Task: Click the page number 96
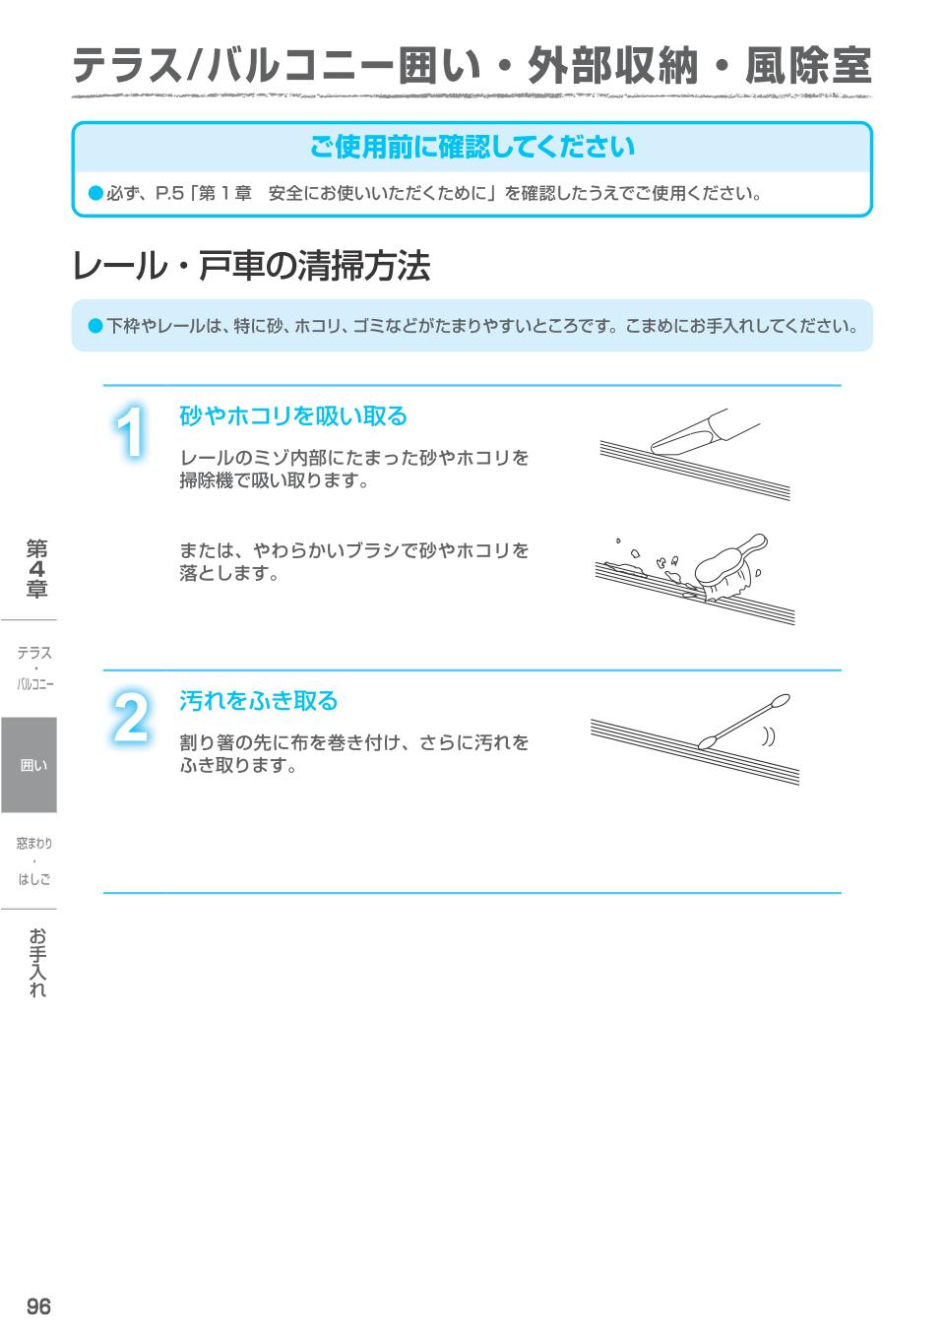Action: (x=38, y=1306)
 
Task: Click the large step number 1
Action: (x=131, y=432)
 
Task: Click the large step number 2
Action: (x=131, y=718)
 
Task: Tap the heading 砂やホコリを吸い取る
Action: (x=292, y=416)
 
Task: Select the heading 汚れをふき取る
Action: (x=258, y=701)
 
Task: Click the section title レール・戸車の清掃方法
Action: (x=251, y=266)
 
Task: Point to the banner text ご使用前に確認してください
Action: (x=472, y=148)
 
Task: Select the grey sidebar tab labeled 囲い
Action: (x=30, y=765)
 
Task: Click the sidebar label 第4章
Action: (x=36, y=568)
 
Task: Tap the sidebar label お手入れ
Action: (x=36, y=962)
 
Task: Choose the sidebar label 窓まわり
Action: (x=34, y=843)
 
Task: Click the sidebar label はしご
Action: (x=34, y=878)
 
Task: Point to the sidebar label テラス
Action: (x=34, y=653)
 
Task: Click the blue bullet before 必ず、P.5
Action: (x=95, y=193)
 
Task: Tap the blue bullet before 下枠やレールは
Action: (x=95, y=325)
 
